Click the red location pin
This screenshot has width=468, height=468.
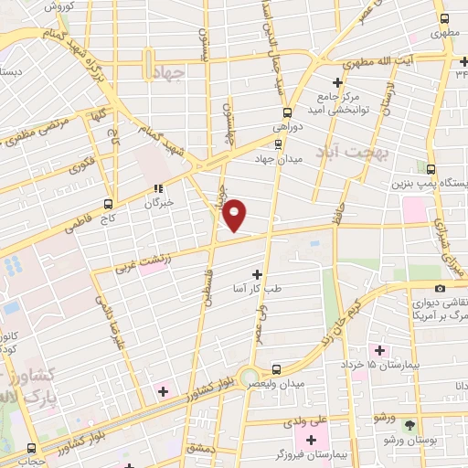235,215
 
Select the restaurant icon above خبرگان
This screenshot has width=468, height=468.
157,188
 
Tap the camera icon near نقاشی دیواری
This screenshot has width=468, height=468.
440,289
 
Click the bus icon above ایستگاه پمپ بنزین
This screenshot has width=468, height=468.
432,168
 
